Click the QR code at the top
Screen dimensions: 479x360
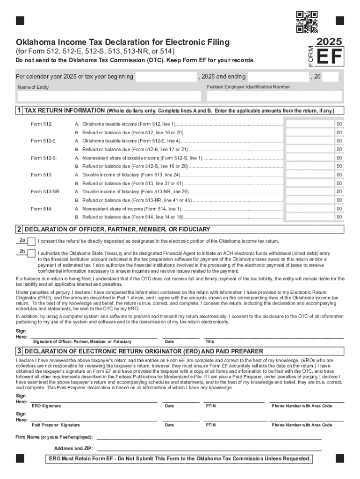pyautogui.click(x=307, y=22)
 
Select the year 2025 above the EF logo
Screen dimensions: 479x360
pyautogui.click(x=330, y=42)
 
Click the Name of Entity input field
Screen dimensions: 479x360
pyautogui.click(x=109, y=96)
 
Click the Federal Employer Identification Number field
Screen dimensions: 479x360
pyautogui.click(x=274, y=96)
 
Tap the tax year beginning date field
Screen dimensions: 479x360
pyautogui.click(x=166, y=77)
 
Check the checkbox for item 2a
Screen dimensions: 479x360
pyautogui.click(x=31, y=242)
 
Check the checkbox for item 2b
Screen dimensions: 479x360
pyautogui.click(x=31, y=254)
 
